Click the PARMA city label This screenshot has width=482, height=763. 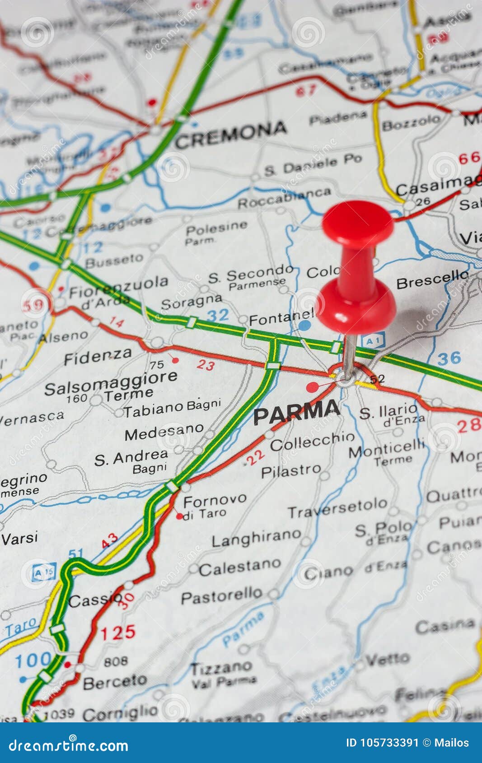pyautogui.click(x=296, y=411)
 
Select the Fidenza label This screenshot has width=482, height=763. pyautogui.click(x=98, y=357)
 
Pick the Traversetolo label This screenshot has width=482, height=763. pyautogui.click(x=337, y=508)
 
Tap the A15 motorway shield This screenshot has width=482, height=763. pyautogui.click(x=44, y=572)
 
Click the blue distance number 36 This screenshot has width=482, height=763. pyautogui.click(x=449, y=358)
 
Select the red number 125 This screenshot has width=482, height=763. pyautogui.click(x=118, y=633)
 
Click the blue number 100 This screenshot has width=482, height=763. pyautogui.click(x=33, y=661)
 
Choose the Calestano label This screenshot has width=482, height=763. pyautogui.click(x=239, y=568)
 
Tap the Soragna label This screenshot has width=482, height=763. pyautogui.click(x=192, y=301)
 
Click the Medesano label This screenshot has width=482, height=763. pyautogui.click(x=164, y=432)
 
